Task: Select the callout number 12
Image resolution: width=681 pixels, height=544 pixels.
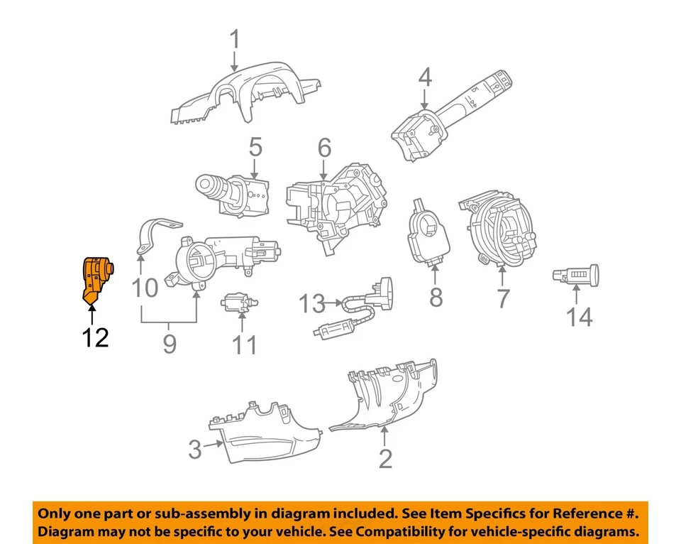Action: pyautogui.click(x=94, y=338)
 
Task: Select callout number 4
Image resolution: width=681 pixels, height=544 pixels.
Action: pyautogui.click(x=424, y=77)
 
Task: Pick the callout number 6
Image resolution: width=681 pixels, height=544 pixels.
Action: pyautogui.click(x=324, y=148)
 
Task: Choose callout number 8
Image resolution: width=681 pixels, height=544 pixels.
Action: pyautogui.click(x=436, y=297)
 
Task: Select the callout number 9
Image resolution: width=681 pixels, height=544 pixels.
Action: pyautogui.click(x=169, y=344)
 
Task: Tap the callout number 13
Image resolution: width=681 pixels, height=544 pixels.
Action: pyautogui.click(x=311, y=305)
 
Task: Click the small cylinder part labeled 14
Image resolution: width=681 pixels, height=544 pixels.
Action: pyautogui.click(x=576, y=275)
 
